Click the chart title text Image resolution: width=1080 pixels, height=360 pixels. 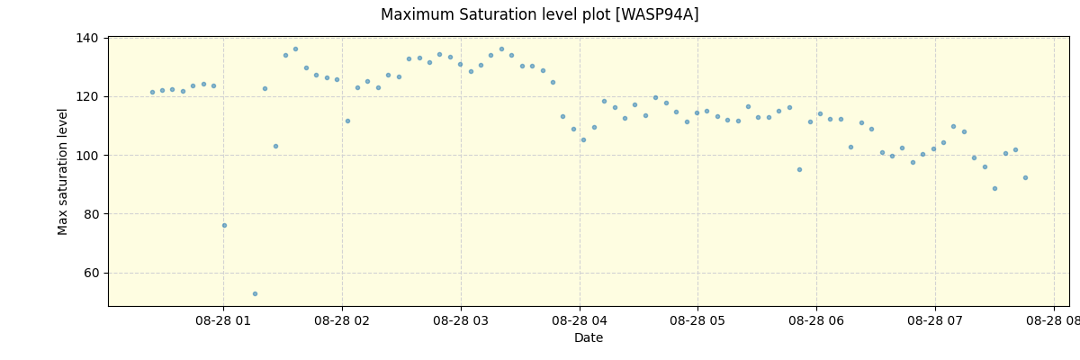pos(539,15)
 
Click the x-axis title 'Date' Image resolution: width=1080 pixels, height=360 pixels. pos(589,338)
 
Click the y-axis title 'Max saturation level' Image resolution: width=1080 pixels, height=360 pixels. pos(63,171)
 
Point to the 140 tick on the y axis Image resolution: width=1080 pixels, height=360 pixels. pos(87,38)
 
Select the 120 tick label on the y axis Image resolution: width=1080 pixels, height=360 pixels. pos(87,96)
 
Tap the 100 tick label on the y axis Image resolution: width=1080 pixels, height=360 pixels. pos(87,156)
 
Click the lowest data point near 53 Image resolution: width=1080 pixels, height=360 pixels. pos(255,293)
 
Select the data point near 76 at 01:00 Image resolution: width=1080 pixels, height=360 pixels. pos(224,225)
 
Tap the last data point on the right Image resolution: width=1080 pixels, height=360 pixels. pos(1025,177)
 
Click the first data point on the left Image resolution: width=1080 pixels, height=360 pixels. pos(152,92)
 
